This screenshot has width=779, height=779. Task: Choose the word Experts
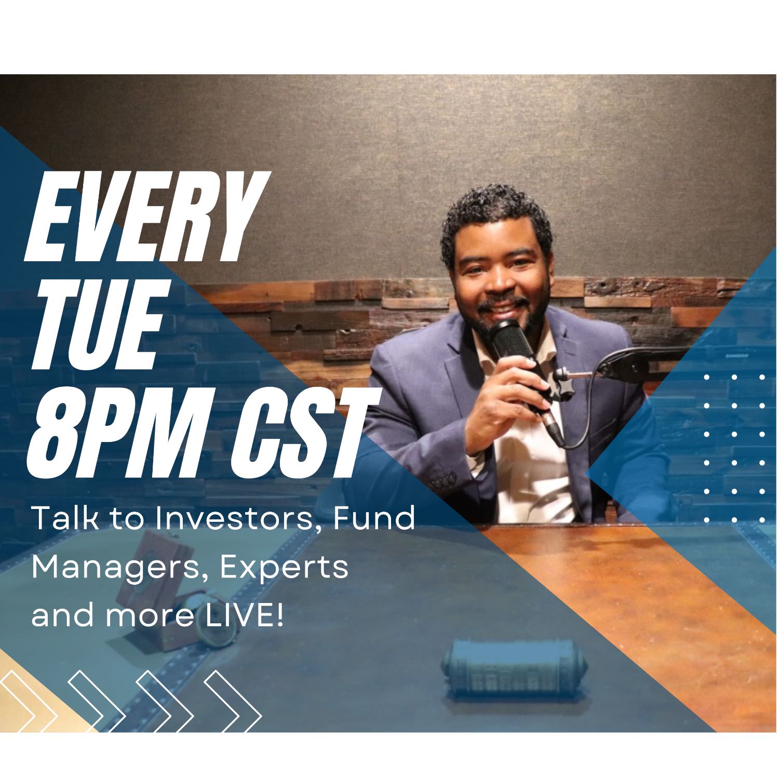point(285,568)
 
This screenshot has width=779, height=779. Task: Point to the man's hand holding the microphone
point(512,400)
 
